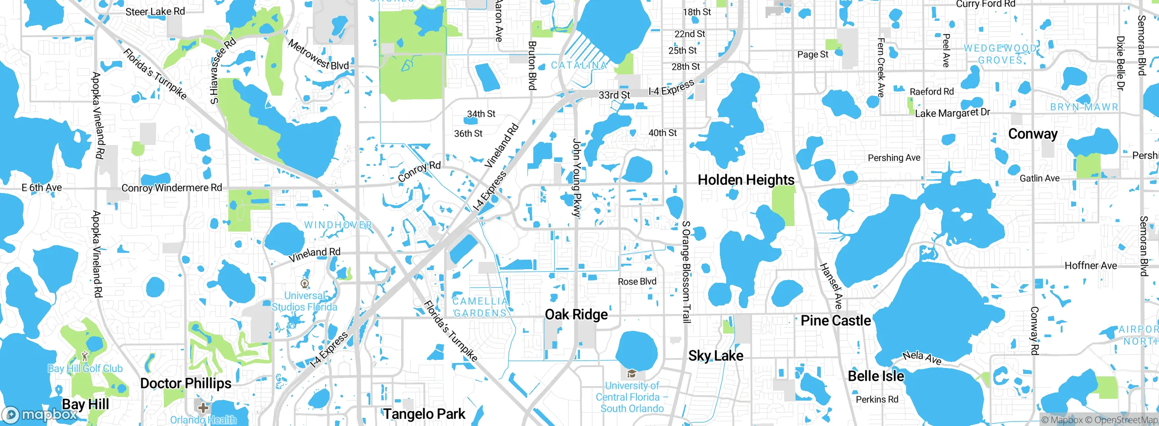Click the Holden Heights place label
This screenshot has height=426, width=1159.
tap(746, 180)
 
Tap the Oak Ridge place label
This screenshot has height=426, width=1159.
tap(576, 315)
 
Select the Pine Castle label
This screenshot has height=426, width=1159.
tap(835, 321)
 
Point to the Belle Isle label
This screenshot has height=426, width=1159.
tap(876, 376)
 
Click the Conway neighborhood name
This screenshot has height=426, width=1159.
tap(1033, 134)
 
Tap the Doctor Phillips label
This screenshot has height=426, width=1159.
tap(186, 383)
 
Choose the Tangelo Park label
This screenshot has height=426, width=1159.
tap(424, 414)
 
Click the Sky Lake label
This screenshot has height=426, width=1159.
tap(715, 356)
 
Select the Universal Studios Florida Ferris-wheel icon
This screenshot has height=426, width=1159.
tap(305, 284)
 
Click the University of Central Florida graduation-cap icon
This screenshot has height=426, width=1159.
tap(632, 374)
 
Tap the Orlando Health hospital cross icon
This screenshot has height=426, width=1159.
tap(203, 407)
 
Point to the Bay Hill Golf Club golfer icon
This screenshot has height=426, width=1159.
tap(85, 356)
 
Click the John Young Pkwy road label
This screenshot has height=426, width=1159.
tap(576, 178)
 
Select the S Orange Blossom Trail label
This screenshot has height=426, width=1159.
tap(686, 272)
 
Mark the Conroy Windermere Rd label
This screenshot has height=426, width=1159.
tap(172, 188)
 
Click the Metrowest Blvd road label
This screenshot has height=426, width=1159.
tap(318, 55)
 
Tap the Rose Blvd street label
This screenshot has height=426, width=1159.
tap(637, 281)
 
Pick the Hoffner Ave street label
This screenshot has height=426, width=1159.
tap(1090, 266)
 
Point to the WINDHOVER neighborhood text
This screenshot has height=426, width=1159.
tap(338, 225)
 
